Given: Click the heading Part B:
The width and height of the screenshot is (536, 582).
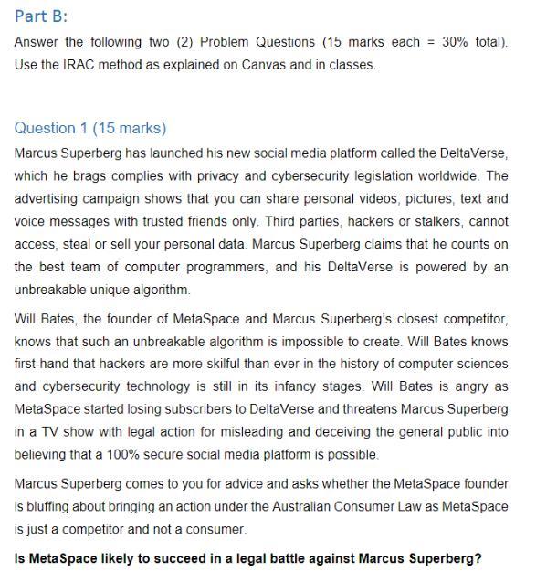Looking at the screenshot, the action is (41, 17).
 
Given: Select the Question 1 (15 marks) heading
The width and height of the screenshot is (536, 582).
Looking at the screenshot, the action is (90, 128).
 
